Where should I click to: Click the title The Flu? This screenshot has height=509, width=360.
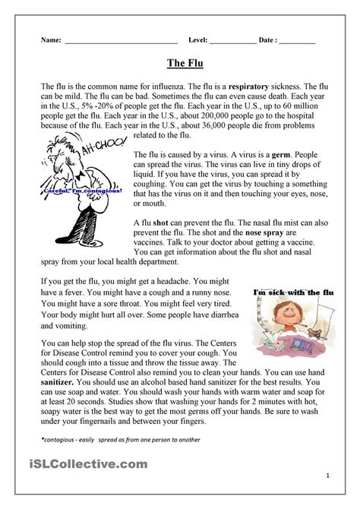(x=180, y=65)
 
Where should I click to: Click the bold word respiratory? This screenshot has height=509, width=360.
(x=276, y=89)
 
